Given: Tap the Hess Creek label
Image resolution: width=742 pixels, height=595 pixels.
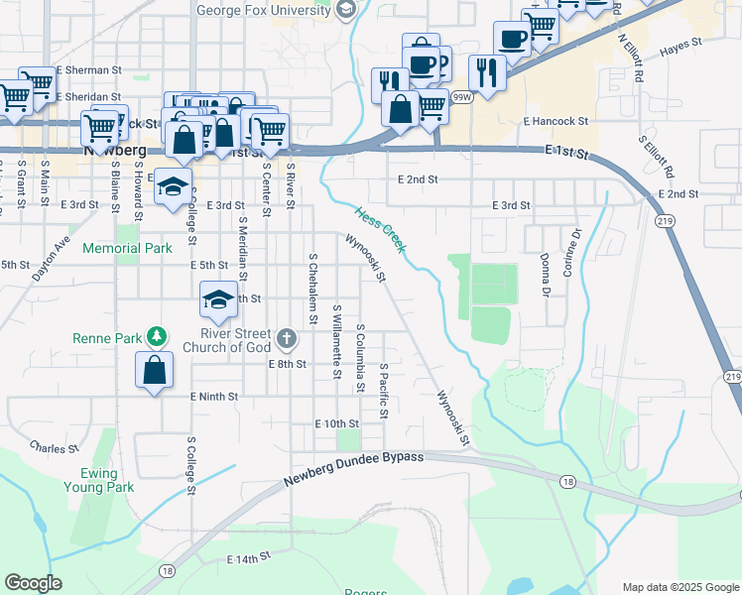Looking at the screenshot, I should click(381, 229).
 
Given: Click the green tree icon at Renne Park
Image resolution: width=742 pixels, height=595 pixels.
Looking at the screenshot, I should click(156, 337).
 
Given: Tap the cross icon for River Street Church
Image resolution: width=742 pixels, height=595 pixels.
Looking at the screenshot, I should click(287, 340).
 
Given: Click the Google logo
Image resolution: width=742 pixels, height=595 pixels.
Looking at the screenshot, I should click(34, 583).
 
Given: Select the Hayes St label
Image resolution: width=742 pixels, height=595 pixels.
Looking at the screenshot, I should click(680, 46).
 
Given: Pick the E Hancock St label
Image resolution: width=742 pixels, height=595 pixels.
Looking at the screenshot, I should click(556, 121).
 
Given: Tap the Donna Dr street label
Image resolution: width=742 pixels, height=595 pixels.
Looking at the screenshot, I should click(545, 275).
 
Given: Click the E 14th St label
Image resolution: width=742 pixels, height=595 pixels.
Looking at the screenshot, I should click(247, 559).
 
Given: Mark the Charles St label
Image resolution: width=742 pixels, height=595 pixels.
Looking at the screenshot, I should click(54, 448).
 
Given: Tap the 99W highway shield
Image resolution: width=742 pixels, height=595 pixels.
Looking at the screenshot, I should click(460, 97).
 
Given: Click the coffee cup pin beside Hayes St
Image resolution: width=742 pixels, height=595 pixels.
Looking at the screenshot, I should click(512, 39).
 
